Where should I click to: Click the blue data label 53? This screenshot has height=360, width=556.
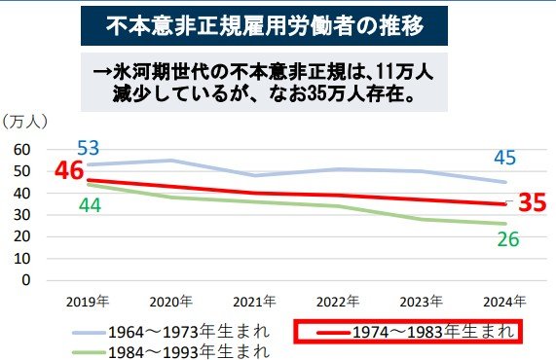(x=90, y=148)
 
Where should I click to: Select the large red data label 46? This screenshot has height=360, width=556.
(x=68, y=171)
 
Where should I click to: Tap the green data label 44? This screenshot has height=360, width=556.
(x=90, y=205)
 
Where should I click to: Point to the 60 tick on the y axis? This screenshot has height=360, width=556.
(x=22, y=149)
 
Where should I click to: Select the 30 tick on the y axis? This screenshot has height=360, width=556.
(x=22, y=214)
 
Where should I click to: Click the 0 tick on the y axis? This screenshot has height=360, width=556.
(x=26, y=280)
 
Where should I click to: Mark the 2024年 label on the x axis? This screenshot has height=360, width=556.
(x=506, y=300)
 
